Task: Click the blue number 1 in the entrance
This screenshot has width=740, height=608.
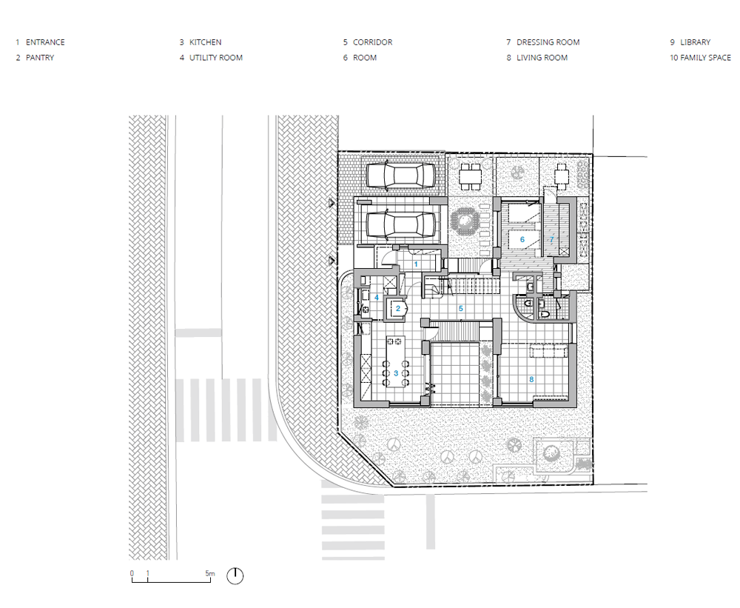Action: click(x=416, y=264)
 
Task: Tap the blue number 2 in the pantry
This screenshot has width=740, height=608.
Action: click(x=398, y=309)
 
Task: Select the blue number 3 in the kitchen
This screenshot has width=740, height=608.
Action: click(x=396, y=373)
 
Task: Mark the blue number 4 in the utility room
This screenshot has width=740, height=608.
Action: click(x=377, y=298)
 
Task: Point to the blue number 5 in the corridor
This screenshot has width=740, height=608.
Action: click(x=461, y=309)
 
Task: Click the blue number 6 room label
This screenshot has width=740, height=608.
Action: click(x=522, y=239)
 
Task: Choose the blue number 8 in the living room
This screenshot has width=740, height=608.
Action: click(x=531, y=379)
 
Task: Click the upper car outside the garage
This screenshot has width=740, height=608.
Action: click(x=400, y=176)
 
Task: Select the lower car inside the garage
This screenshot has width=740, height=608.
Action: click(x=400, y=224)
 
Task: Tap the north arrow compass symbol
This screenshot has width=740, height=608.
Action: click(x=235, y=576)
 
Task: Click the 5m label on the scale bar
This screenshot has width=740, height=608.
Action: click(x=210, y=573)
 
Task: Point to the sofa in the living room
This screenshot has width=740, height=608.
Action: click(x=548, y=352)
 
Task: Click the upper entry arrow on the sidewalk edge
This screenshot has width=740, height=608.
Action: click(x=332, y=203)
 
